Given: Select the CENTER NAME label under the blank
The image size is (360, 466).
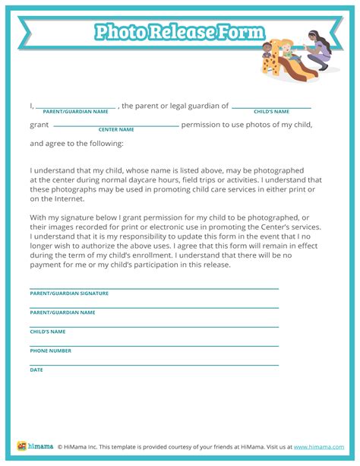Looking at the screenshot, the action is [116, 129].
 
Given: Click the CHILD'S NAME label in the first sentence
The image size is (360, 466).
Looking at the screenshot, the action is [271, 112].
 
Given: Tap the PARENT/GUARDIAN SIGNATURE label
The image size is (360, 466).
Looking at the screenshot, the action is [69, 293].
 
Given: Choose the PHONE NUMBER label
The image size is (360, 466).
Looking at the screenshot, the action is [51, 350].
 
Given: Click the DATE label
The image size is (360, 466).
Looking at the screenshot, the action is [36, 369].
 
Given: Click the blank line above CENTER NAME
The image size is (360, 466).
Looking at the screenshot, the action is [116, 125].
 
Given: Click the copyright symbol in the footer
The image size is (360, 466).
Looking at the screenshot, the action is [60, 447].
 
